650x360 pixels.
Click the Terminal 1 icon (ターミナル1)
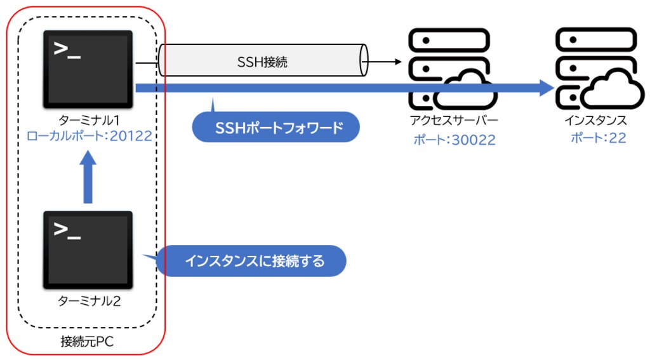pyautogui.click(x=88, y=69)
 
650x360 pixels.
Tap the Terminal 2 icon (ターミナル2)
pyautogui.click(x=88, y=250)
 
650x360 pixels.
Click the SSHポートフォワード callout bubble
pyautogui.click(x=275, y=128)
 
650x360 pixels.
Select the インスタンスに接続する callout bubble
pyautogui.click(x=252, y=261)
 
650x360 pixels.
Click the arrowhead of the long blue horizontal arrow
pyautogui.click(x=547, y=88)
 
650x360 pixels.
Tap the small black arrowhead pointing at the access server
pyautogui.click(x=398, y=62)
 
